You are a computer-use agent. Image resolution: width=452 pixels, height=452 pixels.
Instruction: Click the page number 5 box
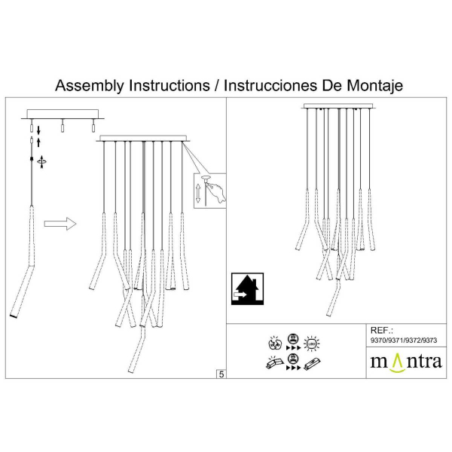click(x=221, y=373)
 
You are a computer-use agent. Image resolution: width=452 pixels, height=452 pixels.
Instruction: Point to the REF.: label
click(x=383, y=330)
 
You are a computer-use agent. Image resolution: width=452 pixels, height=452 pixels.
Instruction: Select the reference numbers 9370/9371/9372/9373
click(x=404, y=341)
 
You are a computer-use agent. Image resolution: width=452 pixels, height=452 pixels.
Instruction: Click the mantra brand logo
click(x=405, y=361)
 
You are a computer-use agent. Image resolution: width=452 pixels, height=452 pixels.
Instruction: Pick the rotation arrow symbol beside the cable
click(x=41, y=160)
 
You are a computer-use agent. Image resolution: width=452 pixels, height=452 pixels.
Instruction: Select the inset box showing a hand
click(x=210, y=189)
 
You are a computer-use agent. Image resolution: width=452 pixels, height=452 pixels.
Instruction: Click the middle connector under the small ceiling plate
click(x=63, y=127)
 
